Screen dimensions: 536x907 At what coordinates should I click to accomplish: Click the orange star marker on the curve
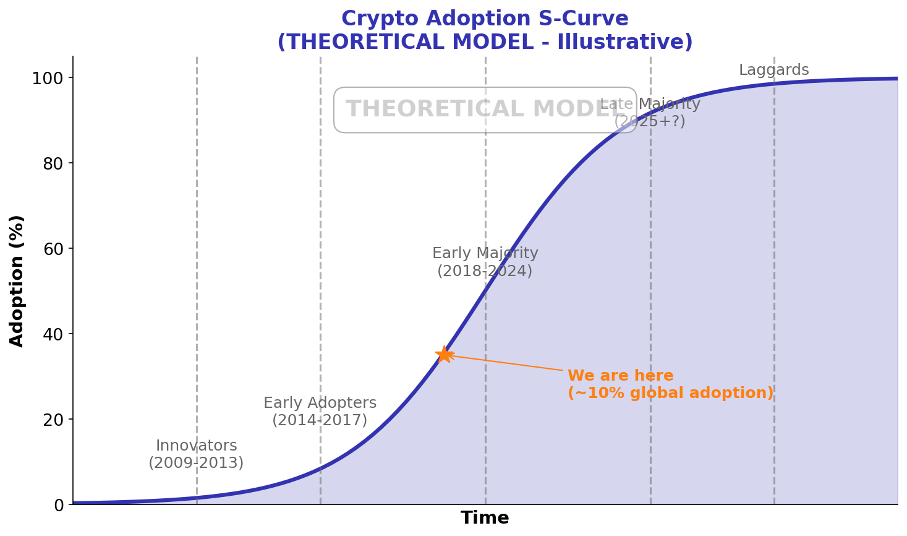click(x=444, y=354)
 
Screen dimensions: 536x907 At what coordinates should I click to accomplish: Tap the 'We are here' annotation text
click(x=620, y=376)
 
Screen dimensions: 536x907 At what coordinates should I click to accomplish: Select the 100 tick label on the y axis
click(x=48, y=78)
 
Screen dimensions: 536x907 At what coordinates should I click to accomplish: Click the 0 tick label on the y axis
click(x=59, y=505)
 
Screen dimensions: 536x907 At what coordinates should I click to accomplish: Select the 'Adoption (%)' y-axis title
click(x=17, y=280)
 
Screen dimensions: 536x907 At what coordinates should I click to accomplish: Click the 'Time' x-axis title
click(x=485, y=518)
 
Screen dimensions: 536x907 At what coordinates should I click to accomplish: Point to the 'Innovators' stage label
click(x=196, y=446)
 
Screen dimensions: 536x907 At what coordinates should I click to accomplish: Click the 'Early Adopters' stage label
click(x=320, y=403)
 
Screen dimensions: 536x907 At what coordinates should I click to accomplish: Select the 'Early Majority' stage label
click(x=485, y=253)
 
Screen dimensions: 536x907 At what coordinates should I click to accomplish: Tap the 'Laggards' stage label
click(x=773, y=70)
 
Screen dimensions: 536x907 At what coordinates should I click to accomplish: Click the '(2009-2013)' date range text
click(x=196, y=463)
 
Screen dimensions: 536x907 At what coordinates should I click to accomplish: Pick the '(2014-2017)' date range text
click(x=320, y=420)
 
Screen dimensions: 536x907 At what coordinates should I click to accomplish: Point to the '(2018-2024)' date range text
click(x=485, y=271)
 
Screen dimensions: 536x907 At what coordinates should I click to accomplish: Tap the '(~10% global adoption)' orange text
click(x=670, y=393)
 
